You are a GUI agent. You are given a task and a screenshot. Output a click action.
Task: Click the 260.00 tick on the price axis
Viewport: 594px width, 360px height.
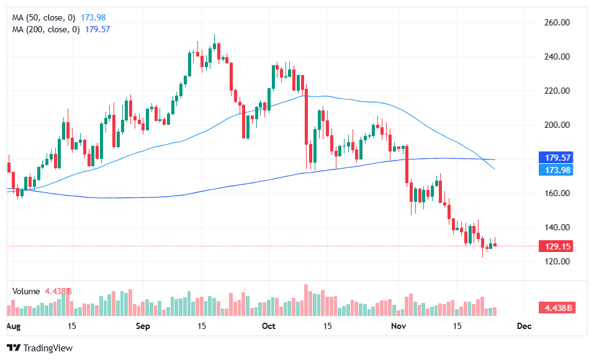click(x=557, y=22)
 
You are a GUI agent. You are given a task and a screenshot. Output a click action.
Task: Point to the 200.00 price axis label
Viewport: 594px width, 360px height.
click(x=557, y=125)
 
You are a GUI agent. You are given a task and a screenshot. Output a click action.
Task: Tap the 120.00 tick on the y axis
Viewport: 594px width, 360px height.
click(x=557, y=261)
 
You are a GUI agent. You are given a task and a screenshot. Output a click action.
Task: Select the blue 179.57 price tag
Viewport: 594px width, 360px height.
click(x=557, y=158)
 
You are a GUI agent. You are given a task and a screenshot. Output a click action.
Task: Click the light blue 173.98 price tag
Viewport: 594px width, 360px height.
click(x=557, y=170)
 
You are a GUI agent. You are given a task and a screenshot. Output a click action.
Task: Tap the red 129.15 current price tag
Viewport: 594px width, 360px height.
click(x=557, y=246)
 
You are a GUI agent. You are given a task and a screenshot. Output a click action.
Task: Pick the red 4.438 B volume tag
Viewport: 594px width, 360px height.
click(x=557, y=307)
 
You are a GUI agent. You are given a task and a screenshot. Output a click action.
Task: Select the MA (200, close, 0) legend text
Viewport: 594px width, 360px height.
click(x=46, y=29)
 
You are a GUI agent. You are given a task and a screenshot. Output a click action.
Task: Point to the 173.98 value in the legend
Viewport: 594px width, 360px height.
click(x=94, y=18)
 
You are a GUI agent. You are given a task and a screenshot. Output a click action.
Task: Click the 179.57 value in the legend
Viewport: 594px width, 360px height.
click(x=97, y=29)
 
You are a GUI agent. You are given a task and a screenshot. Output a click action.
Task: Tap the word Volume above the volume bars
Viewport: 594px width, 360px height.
click(x=25, y=290)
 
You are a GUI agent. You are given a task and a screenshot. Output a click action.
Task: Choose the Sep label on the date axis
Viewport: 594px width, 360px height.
click(x=143, y=326)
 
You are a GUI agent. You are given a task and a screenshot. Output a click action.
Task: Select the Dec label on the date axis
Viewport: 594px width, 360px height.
click(x=524, y=326)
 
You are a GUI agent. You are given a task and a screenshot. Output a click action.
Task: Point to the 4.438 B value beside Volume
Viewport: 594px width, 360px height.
click(x=58, y=290)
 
